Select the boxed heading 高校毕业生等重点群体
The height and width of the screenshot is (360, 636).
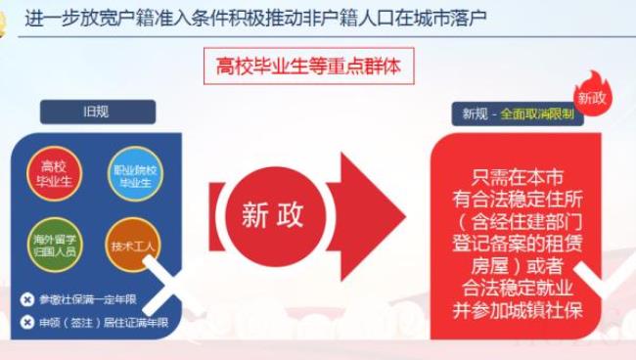point(308,67)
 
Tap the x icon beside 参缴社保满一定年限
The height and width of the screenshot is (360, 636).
point(27,299)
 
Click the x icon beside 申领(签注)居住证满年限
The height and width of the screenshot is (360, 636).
point(27,322)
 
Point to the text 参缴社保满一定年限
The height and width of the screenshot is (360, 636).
point(84,299)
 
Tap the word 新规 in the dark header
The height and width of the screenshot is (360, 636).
point(476,113)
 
